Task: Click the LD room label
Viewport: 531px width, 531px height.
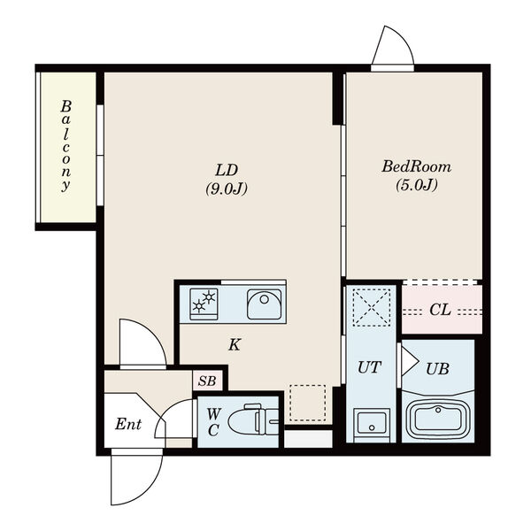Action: (227, 170)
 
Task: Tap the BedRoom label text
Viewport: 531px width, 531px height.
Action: (417, 167)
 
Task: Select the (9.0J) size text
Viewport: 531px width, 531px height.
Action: (227, 189)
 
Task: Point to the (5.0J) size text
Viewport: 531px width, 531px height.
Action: (417, 185)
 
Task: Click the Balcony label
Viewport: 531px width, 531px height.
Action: (65, 146)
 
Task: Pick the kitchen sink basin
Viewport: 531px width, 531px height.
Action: (264, 304)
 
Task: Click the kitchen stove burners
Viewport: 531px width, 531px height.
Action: (204, 304)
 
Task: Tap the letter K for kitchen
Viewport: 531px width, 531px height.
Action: (235, 345)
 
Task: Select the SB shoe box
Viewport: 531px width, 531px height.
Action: (207, 381)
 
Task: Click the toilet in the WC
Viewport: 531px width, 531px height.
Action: (253, 419)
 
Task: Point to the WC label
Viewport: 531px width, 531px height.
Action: (213, 422)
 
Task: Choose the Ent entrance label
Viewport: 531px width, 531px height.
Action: (128, 424)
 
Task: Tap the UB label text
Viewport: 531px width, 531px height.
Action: (437, 369)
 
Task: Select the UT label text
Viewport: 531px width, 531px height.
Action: (369, 367)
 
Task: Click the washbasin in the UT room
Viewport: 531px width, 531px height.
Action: (372, 422)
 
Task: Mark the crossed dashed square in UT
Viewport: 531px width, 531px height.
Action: (372, 307)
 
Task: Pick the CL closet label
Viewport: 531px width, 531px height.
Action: (440, 310)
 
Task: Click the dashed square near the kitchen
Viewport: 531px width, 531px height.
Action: (308, 403)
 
